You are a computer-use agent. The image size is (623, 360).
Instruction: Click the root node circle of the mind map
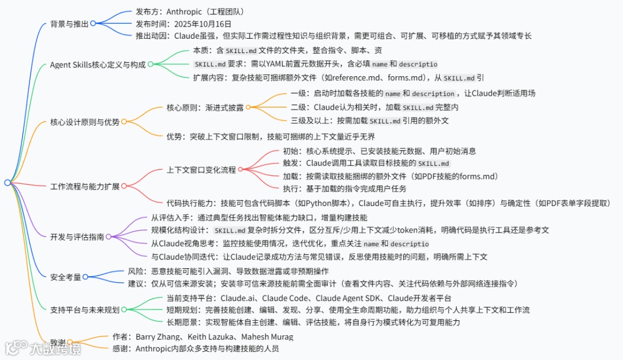7,183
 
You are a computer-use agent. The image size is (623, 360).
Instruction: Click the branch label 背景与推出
70,24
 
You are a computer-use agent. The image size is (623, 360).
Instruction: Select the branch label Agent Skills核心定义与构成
97,64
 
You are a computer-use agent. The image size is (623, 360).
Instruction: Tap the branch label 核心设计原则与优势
85,122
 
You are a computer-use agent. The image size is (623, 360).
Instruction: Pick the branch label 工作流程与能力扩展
85,186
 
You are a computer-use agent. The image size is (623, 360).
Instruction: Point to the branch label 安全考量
66,277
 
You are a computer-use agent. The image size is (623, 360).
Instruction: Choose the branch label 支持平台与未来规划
85,310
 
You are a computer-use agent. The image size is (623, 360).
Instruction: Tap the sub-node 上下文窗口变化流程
201,170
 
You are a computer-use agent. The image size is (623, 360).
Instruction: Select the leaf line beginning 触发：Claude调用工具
366,163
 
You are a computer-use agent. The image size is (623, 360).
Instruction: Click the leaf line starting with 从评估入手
259,217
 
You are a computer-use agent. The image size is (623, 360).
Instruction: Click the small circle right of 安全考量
85,277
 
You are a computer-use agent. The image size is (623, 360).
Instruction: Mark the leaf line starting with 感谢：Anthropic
207,348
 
